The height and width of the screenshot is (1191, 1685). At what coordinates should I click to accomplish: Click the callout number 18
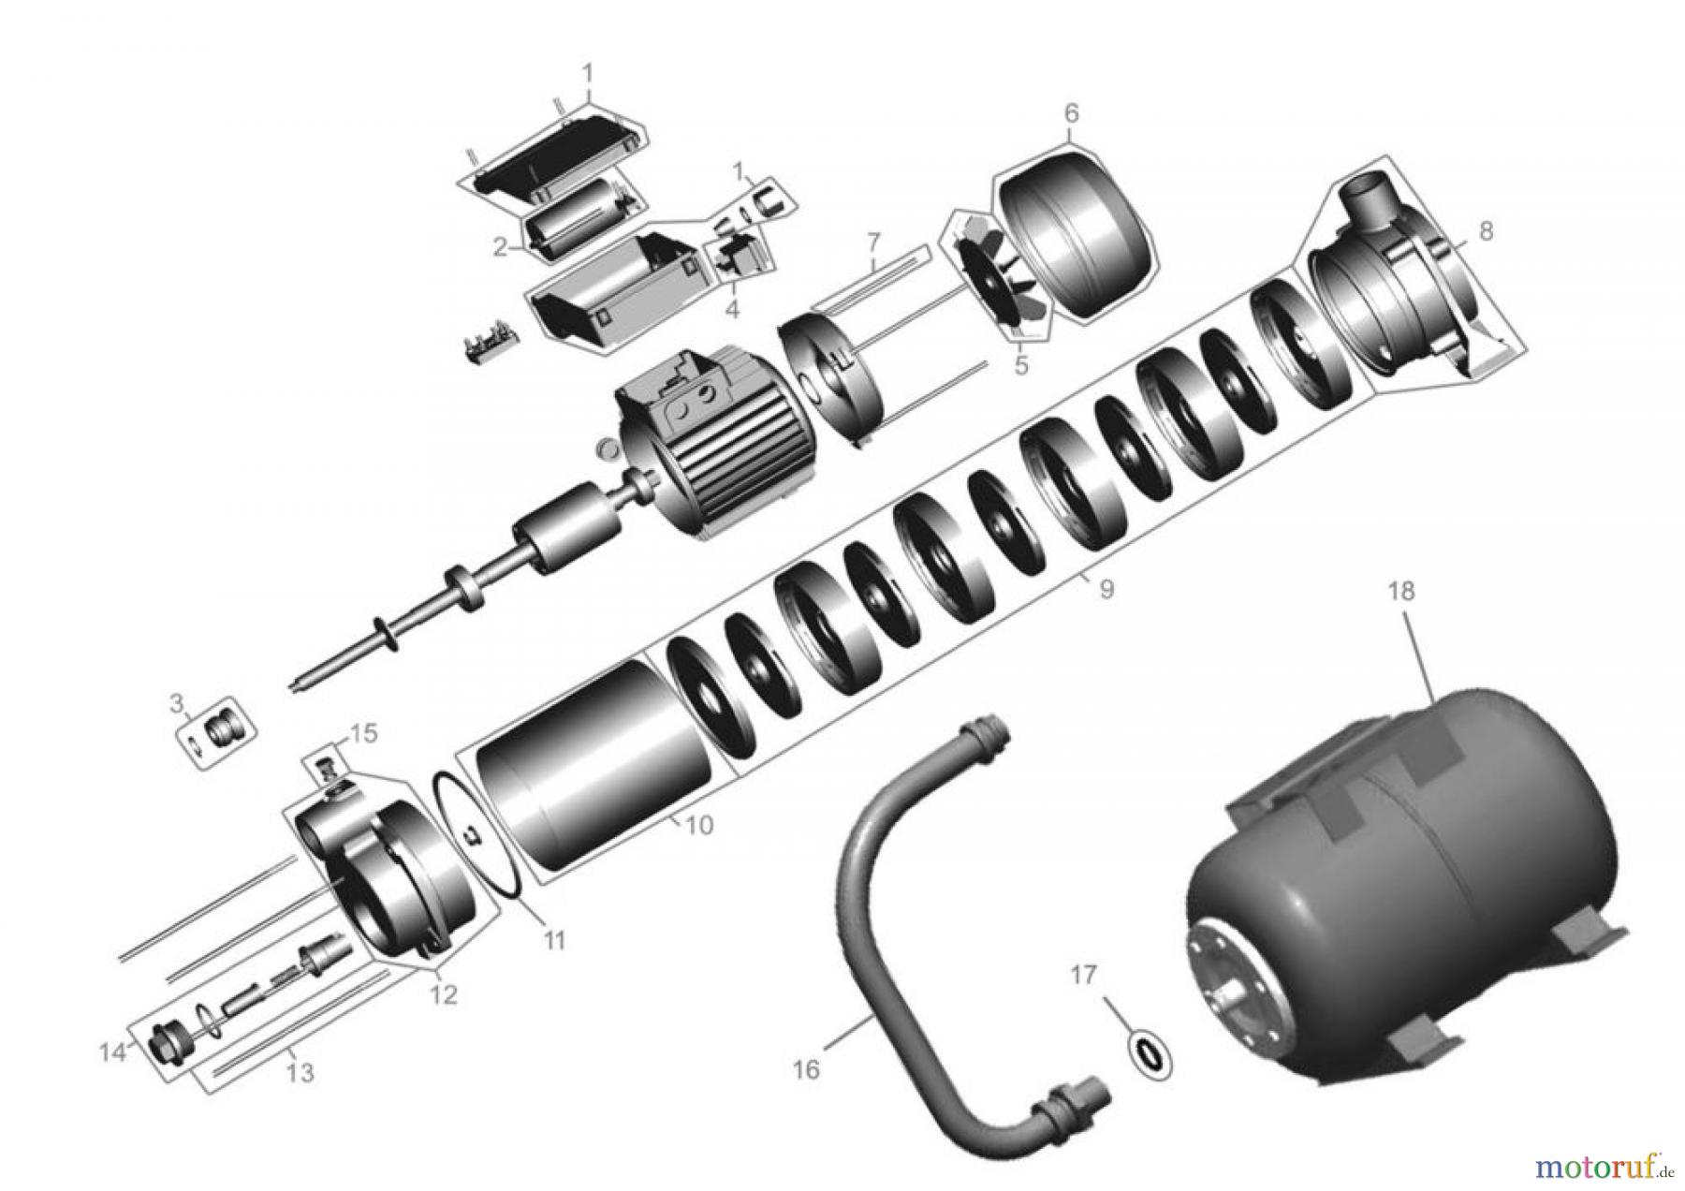1401,592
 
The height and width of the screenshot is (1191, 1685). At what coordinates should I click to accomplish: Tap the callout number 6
1071,113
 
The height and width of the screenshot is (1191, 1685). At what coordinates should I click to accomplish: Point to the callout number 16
806,1068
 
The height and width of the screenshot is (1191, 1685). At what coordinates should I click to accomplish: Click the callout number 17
1083,976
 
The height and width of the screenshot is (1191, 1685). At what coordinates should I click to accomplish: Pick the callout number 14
112,1053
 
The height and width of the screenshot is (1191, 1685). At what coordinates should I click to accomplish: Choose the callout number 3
176,702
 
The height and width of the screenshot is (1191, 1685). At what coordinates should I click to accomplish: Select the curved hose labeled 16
871,899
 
